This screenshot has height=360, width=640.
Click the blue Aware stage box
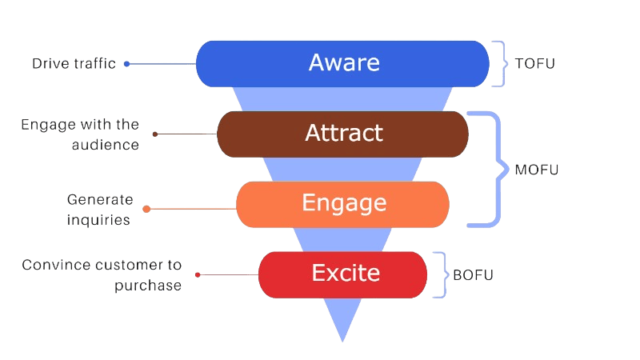click(342, 63)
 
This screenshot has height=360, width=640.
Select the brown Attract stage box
click(342, 133)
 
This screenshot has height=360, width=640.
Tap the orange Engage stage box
click(342, 203)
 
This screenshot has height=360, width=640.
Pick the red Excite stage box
click(342, 274)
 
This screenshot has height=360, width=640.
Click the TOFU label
click(534, 63)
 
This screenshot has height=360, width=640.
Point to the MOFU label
click(536, 170)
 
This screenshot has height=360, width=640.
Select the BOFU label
click(473, 274)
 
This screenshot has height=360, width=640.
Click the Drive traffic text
click(74, 63)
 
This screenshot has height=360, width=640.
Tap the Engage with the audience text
click(80, 134)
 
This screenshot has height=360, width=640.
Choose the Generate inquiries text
click(100, 209)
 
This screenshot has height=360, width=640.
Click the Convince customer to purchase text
click(102, 274)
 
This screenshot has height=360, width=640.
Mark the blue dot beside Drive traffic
click(126, 63)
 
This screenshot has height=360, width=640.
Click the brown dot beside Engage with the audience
click(155, 134)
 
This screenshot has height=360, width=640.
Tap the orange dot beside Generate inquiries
click(146, 209)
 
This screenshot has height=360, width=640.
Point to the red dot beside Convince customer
click(198, 274)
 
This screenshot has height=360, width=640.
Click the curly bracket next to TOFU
click(500, 63)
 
